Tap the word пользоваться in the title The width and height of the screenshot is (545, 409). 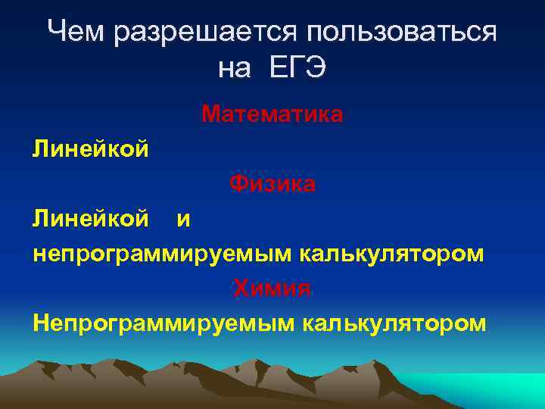402,33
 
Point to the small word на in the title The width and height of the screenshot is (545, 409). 234,69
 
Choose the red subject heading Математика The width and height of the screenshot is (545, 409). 272,115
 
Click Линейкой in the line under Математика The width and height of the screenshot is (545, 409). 90,149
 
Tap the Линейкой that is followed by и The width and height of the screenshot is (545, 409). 90,219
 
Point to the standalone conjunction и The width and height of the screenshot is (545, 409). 183,220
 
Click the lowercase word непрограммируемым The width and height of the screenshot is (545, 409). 159,254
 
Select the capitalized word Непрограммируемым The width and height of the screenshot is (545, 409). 163,323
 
